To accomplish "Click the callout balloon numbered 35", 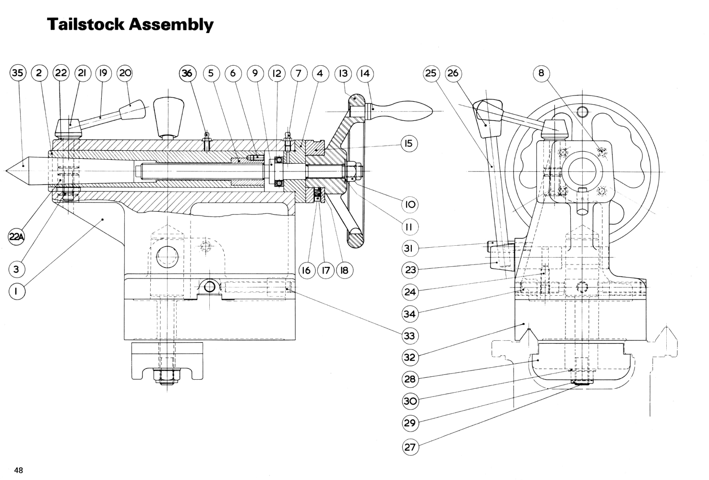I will (17, 73).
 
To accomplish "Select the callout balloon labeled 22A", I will (17, 236).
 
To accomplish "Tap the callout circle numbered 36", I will (187, 73).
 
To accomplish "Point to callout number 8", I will (541, 73).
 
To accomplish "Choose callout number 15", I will (409, 144).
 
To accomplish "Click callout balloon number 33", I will (409, 336).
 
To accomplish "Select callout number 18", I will (344, 270).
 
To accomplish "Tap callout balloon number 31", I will (409, 248).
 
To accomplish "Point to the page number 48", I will (19, 470).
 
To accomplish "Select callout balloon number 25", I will (431, 73).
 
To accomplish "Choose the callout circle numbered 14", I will (365, 73).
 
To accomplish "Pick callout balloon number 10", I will (409, 204).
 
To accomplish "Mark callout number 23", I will (409, 270).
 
